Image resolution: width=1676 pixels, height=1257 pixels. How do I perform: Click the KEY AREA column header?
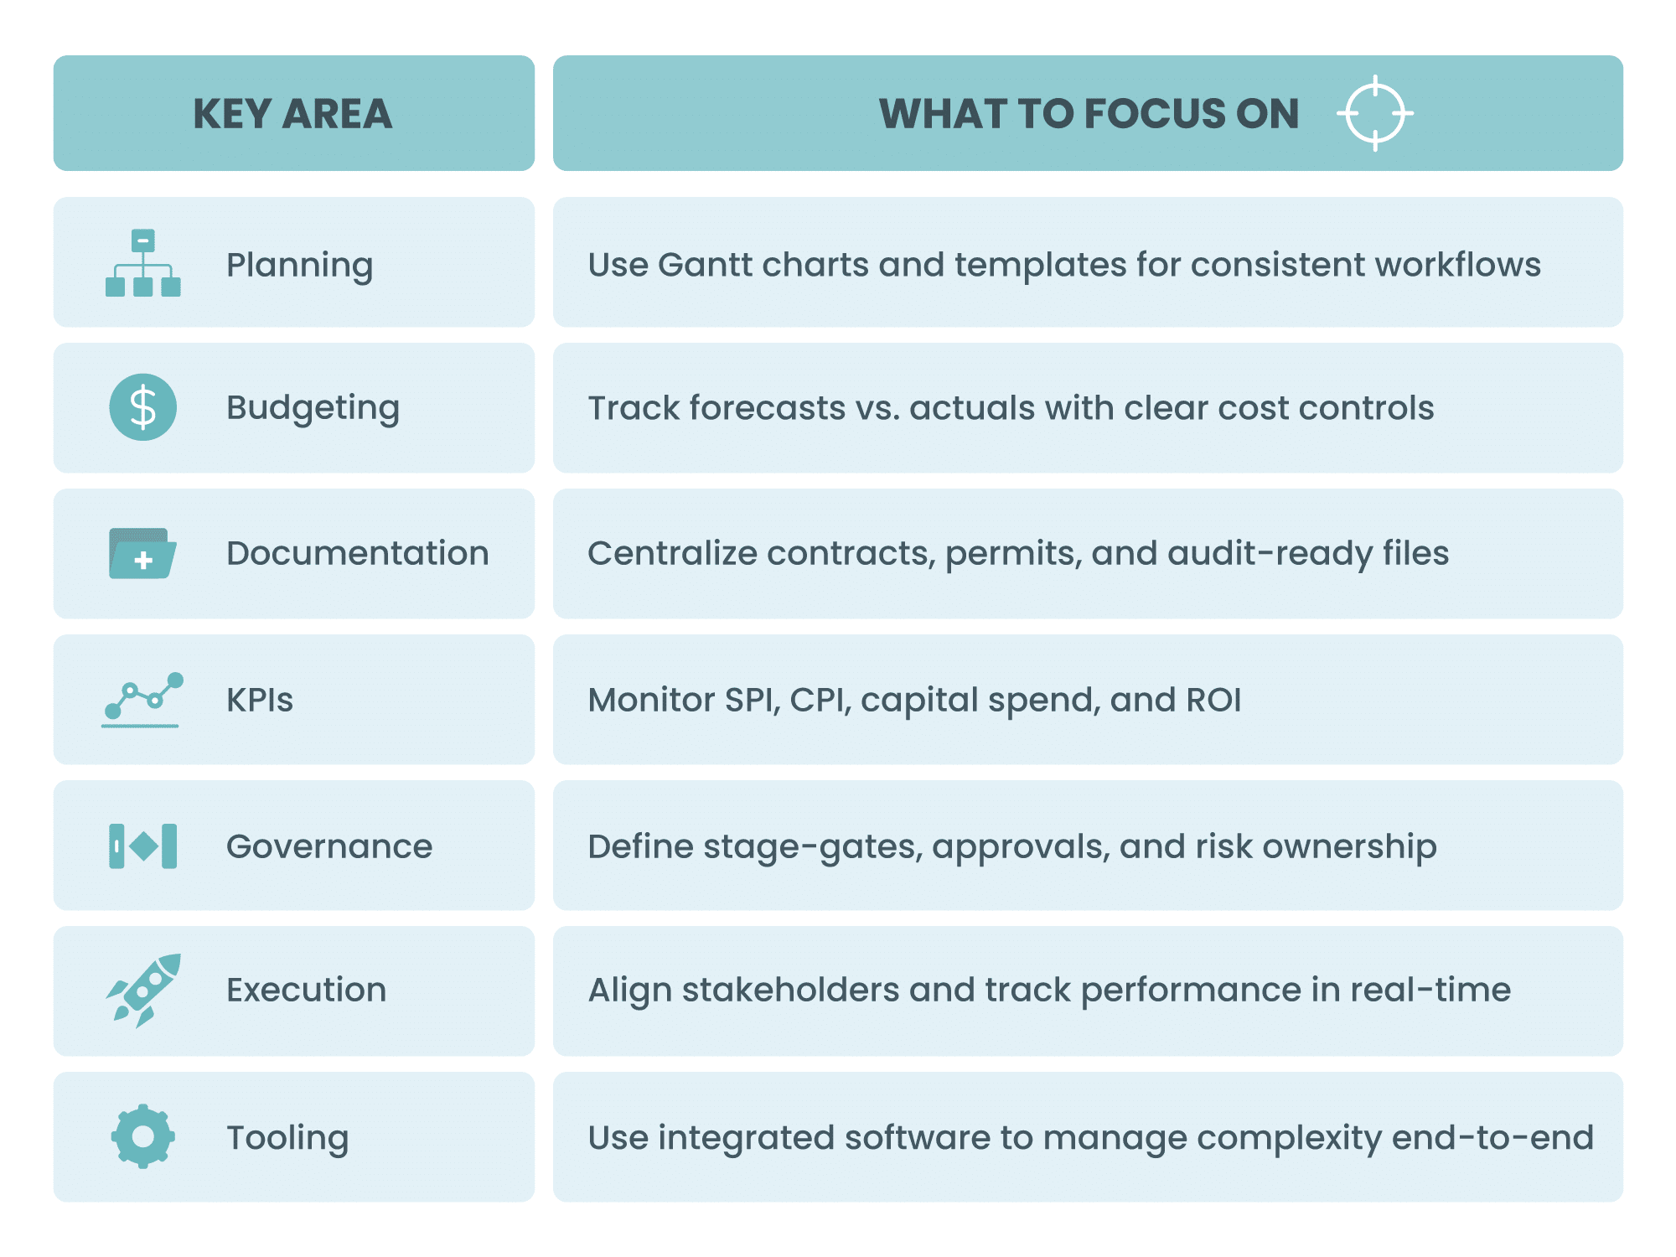[x=292, y=114]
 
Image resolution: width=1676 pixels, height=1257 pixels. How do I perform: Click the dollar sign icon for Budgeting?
[x=143, y=407]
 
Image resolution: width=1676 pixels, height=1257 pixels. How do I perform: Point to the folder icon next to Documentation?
[x=142, y=554]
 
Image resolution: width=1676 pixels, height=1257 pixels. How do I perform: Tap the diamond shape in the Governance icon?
[x=144, y=846]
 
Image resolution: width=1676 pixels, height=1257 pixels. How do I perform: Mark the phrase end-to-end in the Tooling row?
[x=1492, y=1138]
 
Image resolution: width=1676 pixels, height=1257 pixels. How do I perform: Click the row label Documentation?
[x=357, y=554]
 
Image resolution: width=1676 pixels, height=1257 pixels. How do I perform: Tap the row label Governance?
[x=329, y=846]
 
